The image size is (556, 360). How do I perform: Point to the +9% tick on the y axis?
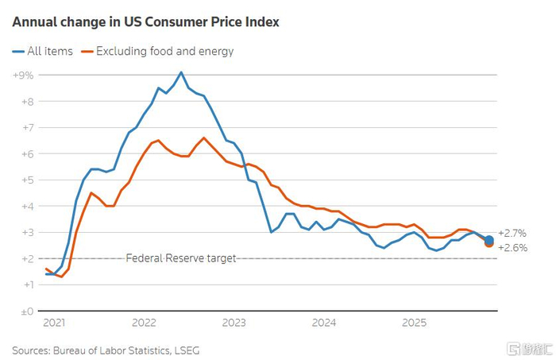22,75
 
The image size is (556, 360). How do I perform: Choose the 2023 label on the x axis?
234,323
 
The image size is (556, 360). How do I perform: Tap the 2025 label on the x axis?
414,323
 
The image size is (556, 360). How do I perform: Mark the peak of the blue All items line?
181,72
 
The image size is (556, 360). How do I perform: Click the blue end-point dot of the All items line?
489,239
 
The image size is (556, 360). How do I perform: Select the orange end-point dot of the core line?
489,243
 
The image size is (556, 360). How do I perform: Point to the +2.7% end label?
513,234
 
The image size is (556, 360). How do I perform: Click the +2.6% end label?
513,248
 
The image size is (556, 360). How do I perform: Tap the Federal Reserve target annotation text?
181,258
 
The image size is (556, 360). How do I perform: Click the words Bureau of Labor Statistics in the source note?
113,349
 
